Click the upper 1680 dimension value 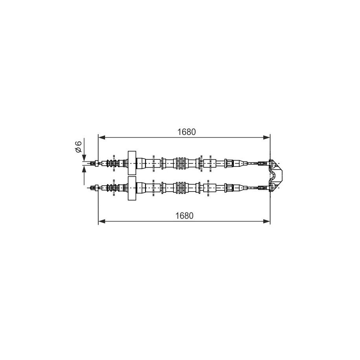186,132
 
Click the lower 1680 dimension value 185,216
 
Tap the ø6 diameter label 78,146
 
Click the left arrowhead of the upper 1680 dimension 102,138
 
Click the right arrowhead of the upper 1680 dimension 266,138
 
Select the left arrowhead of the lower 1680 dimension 102,221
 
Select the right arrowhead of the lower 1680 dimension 266,221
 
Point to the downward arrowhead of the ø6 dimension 84,158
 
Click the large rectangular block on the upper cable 132,163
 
